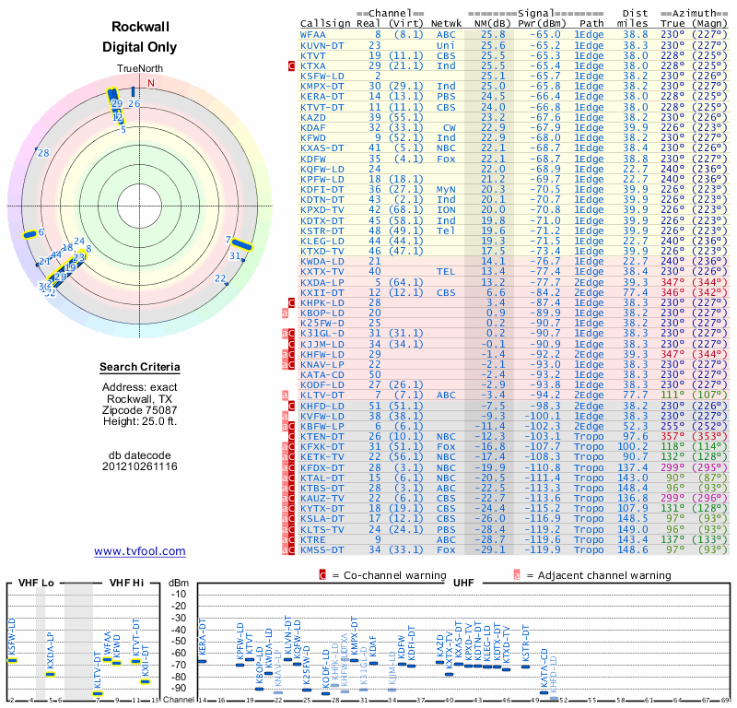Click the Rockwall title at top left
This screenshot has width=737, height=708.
point(140,28)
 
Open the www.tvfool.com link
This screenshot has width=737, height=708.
point(140,551)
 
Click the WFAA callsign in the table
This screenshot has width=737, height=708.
point(312,34)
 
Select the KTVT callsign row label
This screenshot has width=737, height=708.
point(312,54)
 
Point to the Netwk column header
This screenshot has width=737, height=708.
point(446,23)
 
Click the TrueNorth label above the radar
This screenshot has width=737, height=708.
point(140,69)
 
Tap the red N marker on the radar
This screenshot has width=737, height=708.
point(151,82)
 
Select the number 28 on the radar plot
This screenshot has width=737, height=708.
point(42,153)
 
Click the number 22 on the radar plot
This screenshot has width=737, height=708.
point(219,278)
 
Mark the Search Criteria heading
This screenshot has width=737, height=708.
point(140,368)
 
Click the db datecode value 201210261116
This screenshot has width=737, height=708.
point(140,466)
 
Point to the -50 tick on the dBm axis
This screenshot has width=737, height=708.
point(179,642)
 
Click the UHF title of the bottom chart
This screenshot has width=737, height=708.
point(464,583)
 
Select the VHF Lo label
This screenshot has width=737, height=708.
point(35,583)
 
